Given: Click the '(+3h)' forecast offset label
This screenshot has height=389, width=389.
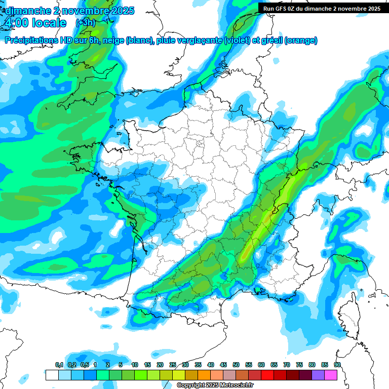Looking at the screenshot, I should [85, 23].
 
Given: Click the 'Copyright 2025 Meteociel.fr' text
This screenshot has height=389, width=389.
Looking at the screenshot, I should [216, 385].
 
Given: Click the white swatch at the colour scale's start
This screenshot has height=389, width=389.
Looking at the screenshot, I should [52, 375].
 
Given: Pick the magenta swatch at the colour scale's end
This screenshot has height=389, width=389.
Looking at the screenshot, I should [331, 375].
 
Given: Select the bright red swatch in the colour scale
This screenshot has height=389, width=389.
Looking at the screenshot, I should [267, 375].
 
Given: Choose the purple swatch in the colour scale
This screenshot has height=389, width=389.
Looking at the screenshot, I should [318, 375].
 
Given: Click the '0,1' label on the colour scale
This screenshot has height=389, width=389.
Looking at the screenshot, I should [59, 365].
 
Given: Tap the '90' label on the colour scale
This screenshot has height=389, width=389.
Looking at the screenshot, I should [337, 365].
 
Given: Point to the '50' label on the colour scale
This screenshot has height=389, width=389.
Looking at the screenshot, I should [236, 365].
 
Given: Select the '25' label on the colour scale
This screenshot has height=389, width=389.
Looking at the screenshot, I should [173, 365].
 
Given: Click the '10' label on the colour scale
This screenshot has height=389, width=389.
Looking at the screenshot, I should [135, 365].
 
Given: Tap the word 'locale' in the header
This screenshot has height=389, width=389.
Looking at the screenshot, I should [48, 23].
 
